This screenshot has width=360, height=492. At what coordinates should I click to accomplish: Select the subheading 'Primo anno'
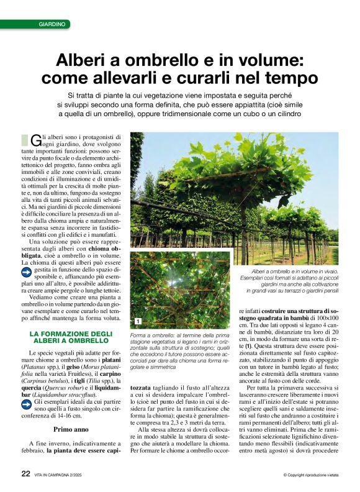pos(71,412)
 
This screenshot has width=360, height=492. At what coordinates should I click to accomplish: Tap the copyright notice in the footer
pos(310,475)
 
